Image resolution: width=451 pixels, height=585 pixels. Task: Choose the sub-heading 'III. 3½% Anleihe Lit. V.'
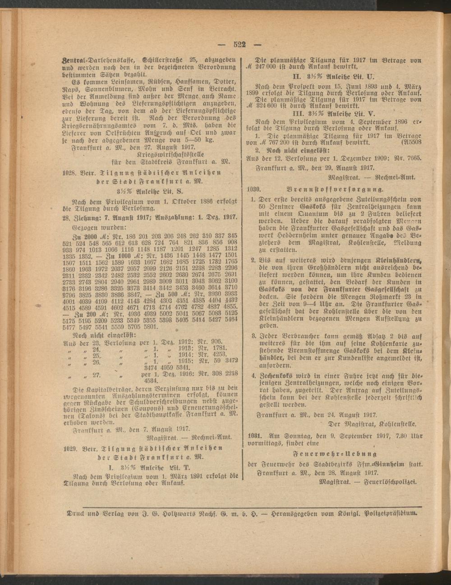pyautogui.click(x=333, y=113)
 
